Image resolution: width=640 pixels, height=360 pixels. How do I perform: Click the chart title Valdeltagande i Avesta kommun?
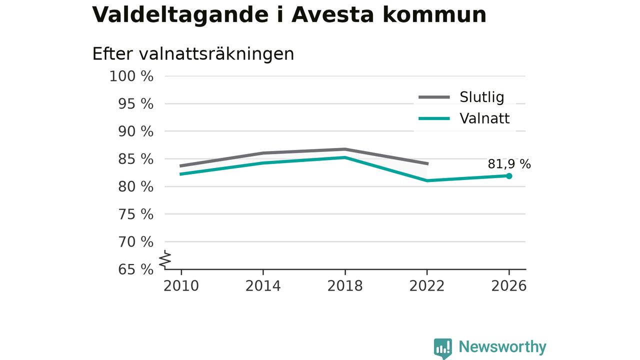coord(289,14)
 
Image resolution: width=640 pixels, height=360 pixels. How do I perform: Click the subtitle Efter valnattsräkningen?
coord(193,53)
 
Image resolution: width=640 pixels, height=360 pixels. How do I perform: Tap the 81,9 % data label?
coord(509,164)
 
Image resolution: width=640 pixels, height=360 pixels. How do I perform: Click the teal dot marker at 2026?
coord(509,176)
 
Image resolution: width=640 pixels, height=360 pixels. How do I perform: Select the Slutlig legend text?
coord(481,97)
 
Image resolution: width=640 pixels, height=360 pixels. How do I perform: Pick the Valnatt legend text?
coord(484,118)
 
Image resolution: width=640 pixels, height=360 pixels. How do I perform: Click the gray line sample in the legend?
coord(434,97)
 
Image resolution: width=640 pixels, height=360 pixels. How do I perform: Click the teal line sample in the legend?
coord(434,118)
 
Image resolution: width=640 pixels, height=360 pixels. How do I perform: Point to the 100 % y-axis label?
coord(131,76)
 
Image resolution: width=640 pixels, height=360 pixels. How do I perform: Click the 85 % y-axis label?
coord(135,159)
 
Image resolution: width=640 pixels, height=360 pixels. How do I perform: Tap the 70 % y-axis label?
coord(135,242)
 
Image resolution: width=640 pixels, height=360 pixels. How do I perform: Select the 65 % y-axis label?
coord(135,269)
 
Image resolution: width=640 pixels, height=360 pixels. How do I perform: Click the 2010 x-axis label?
coord(181,286)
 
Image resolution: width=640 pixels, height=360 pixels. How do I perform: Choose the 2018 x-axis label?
coord(345,286)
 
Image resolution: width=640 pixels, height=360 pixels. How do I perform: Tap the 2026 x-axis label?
coord(509,286)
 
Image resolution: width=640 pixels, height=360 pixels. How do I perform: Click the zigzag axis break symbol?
coord(165,259)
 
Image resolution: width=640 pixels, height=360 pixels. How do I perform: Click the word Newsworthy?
coord(502,347)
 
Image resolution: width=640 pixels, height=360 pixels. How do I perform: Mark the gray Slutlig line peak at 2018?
coord(345,149)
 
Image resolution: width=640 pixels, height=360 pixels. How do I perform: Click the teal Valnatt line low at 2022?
coord(427,180)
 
